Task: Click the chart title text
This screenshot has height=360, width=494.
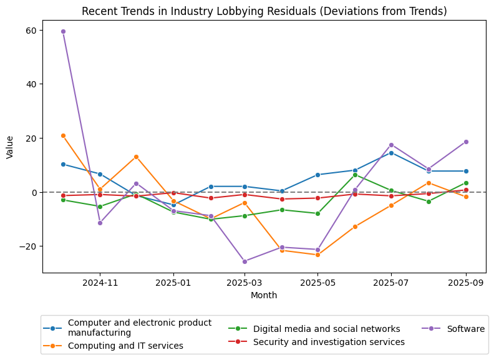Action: tap(264, 11)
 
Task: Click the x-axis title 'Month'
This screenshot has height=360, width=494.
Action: tap(264, 295)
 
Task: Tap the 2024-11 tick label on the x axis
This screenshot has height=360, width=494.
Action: tap(100, 283)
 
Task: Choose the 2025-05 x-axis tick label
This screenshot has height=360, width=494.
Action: tap(317, 283)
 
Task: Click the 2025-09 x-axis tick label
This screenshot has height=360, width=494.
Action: tap(465, 283)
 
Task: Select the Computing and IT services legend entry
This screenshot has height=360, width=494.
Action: tap(125, 346)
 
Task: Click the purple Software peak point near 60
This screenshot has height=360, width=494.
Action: tap(63, 31)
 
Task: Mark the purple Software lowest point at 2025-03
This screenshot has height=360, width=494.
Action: tap(245, 261)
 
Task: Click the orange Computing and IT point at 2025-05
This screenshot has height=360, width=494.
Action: tap(317, 255)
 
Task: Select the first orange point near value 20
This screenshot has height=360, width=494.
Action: tap(63, 135)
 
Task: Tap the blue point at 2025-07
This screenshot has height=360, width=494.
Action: tap(391, 153)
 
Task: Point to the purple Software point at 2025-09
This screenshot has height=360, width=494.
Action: tap(465, 142)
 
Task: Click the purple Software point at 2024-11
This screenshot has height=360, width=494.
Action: tap(100, 223)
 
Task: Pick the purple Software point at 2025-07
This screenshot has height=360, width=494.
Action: tap(391, 145)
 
